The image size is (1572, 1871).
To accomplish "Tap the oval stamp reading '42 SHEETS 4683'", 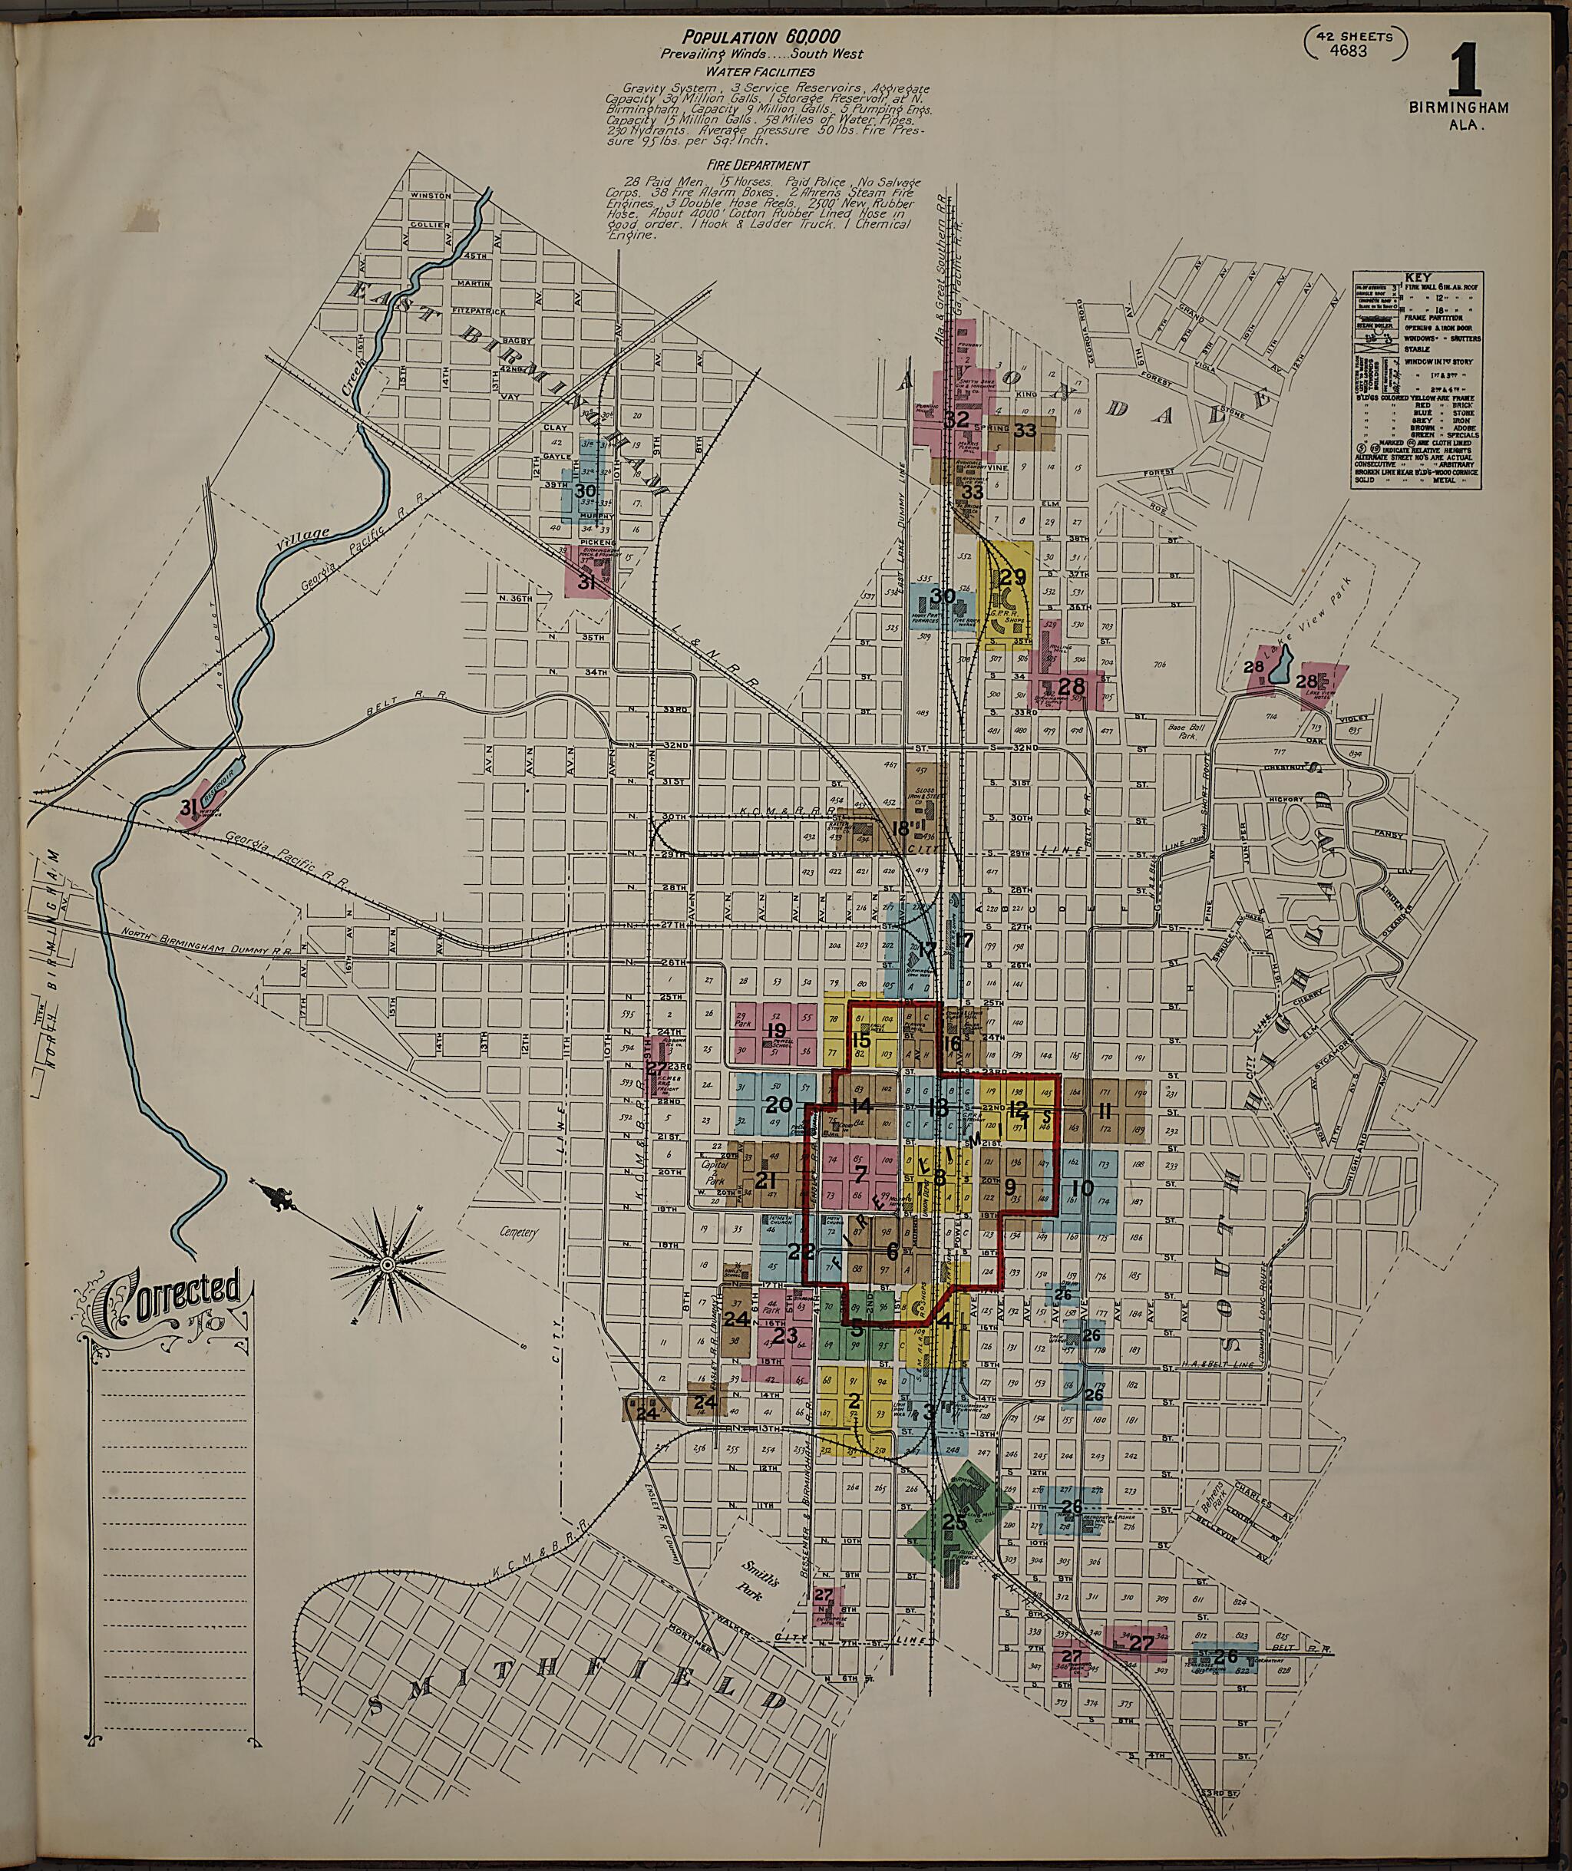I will (1355, 43).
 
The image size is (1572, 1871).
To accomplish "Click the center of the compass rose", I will (388, 1265).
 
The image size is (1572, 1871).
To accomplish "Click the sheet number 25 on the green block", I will (954, 1523).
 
